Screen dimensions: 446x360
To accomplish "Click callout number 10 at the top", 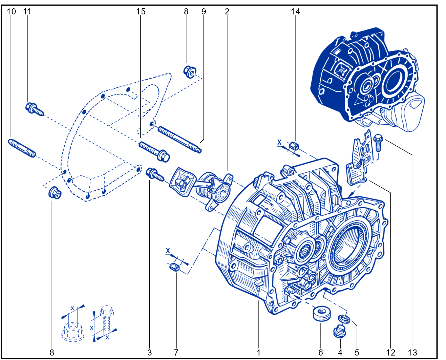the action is point(11,12).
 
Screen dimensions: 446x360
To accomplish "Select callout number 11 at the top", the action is point(27,12).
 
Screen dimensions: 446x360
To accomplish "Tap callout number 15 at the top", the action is point(141,12).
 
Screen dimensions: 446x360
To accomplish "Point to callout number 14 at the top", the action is point(295,12).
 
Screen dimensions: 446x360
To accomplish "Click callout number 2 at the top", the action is point(227,12).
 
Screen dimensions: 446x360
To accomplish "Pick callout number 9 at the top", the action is point(204,12).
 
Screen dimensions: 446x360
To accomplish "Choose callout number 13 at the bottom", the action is point(412,353).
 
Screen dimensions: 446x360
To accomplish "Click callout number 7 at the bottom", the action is point(176,353).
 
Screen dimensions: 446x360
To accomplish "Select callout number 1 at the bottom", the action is point(259,353).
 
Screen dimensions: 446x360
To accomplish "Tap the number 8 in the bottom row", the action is point(52,353).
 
